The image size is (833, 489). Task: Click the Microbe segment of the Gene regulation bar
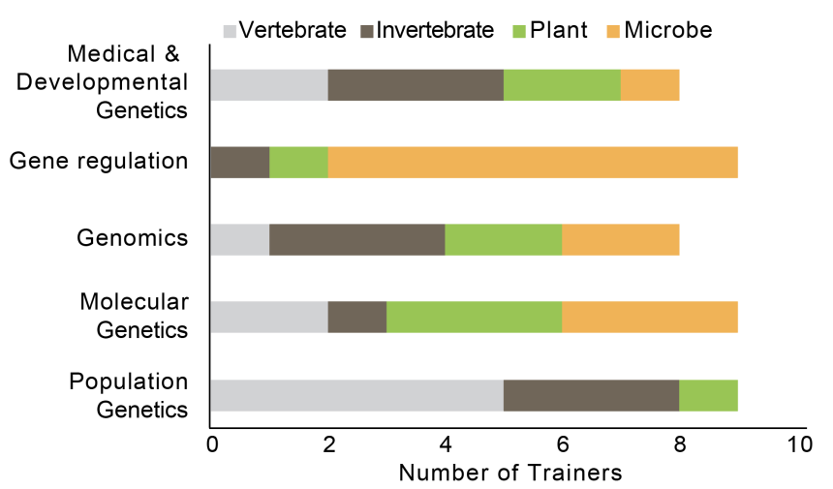coord(533,163)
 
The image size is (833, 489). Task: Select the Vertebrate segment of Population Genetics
coord(356,395)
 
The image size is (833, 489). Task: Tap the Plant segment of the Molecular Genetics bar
coord(474,318)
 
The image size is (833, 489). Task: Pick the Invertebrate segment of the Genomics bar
coord(356,240)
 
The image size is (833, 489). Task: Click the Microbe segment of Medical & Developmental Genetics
coord(649,85)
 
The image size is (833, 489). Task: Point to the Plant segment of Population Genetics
coord(708,395)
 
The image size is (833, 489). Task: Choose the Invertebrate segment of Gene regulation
coord(240,163)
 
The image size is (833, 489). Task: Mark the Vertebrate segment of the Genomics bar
coord(240,240)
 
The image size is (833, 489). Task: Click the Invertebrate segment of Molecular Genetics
coord(356,318)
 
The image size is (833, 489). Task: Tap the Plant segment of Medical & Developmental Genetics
coord(562,85)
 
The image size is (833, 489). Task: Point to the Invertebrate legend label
coord(435,30)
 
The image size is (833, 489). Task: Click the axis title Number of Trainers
coord(510,474)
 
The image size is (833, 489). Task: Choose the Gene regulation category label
coord(99,162)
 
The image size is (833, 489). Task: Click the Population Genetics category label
coord(129,394)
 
